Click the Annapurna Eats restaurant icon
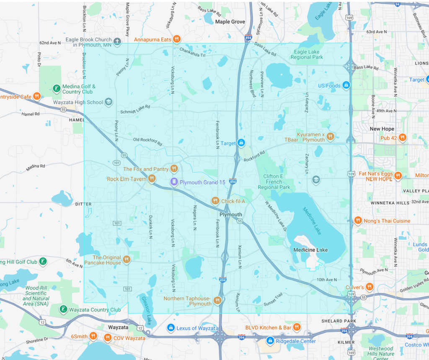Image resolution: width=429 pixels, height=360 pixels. tap(177, 39)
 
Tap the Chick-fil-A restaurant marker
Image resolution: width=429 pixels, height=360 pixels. tap(215, 201)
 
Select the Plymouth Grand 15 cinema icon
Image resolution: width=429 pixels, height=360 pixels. tap(173, 182)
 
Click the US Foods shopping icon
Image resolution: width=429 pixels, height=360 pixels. tap(346, 85)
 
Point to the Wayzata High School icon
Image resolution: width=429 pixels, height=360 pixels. tap(109, 102)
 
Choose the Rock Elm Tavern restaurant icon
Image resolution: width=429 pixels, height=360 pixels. tap(152, 179)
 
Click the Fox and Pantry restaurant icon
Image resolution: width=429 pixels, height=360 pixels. tap(175, 169)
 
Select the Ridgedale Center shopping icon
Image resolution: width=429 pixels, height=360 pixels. tap(270, 341)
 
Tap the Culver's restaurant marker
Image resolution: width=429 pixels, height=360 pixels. tap(370, 287)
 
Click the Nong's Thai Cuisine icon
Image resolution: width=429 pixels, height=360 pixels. tap(358, 220)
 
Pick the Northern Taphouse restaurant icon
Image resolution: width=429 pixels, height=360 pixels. tap(217, 300)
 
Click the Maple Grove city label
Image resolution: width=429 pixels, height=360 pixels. tap(230, 22)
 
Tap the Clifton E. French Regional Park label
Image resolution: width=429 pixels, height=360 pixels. tap(274, 182)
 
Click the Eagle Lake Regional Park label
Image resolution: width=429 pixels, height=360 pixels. tap(307, 54)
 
